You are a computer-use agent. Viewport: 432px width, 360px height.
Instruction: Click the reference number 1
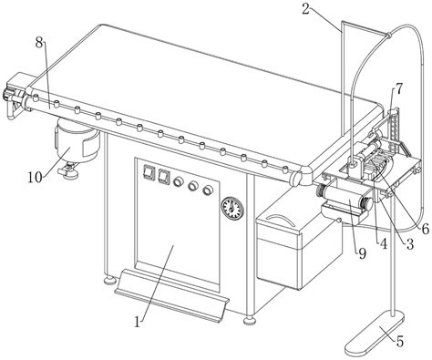click(138, 321)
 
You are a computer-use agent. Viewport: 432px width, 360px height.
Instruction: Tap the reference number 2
click(306, 9)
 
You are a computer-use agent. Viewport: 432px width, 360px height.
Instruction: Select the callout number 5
click(400, 342)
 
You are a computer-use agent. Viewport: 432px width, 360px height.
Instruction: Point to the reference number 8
click(39, 43)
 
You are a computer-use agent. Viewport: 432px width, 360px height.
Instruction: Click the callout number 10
click(36, 177)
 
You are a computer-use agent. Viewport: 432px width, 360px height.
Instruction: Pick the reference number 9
click(362, 253)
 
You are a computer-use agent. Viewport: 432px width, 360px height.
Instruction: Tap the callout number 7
click(398, 89)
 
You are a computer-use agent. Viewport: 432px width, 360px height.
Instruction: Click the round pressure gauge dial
click(232, 209)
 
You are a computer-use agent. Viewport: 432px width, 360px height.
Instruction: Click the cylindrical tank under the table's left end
click(77, 142)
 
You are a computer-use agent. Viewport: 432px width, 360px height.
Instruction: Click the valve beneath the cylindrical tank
click(68, 171)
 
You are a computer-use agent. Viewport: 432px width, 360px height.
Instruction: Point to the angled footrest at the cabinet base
click(171, 295)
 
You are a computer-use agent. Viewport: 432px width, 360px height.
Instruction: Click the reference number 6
click(426, 229)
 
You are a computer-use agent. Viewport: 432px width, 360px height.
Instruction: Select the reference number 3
click(410, 243)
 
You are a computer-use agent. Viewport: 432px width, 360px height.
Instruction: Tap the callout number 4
click(384, 243)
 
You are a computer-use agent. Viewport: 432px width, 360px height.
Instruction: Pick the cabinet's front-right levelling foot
click(249, 320)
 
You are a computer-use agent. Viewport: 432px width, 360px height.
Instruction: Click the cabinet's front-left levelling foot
click(109, 281)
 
